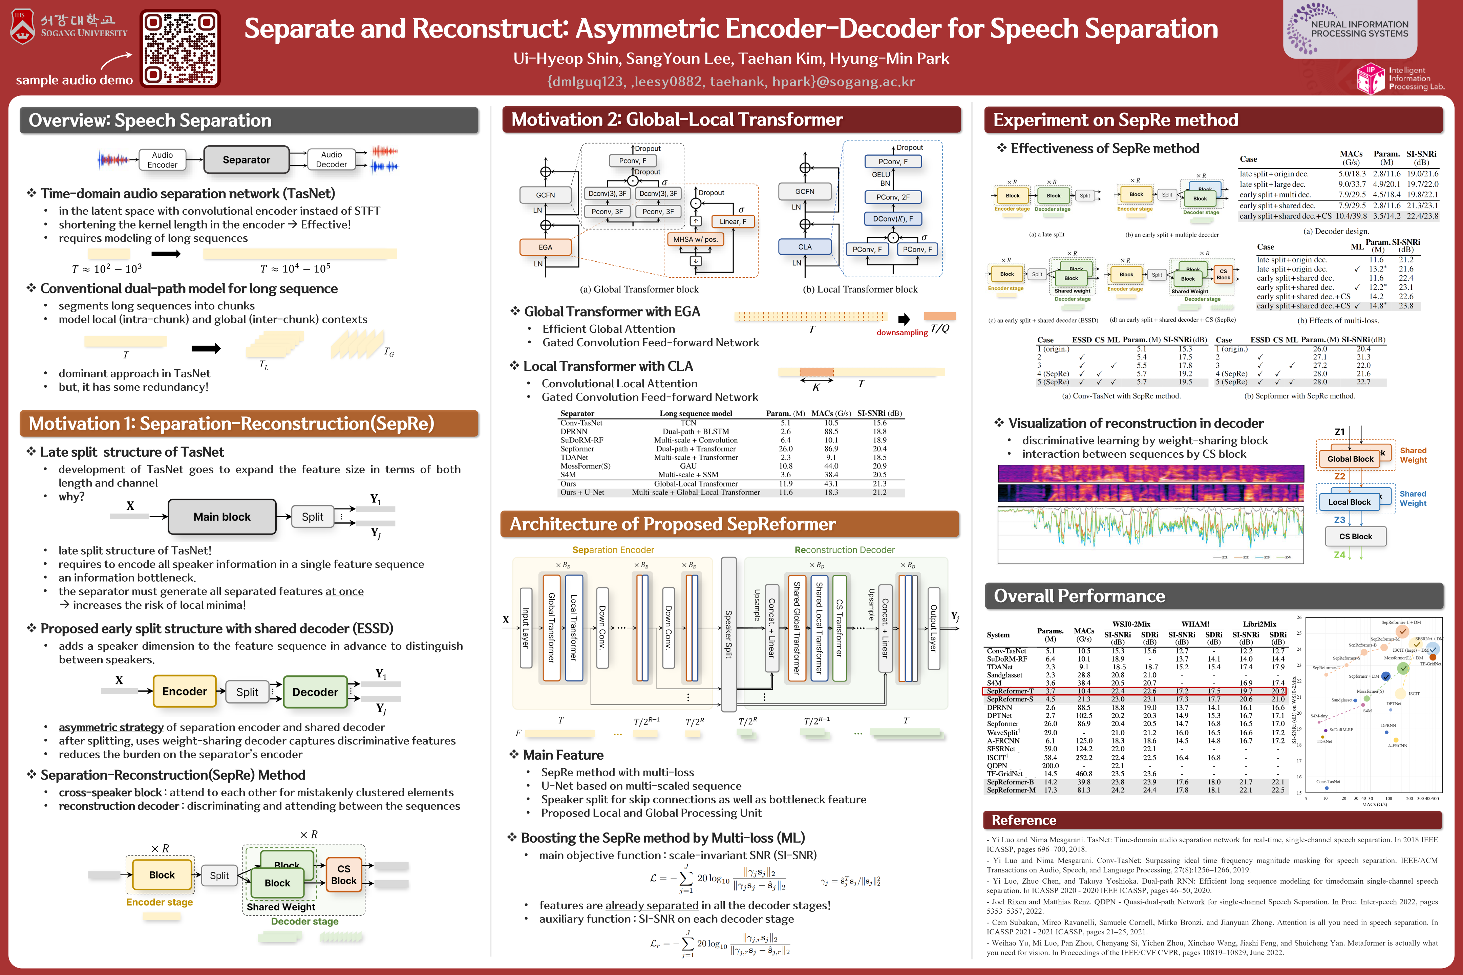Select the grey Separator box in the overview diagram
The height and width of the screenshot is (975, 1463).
[x=246, y=160]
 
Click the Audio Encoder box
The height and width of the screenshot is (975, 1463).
[x=162, y=160]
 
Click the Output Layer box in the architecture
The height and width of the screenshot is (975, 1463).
[x=933, y=628]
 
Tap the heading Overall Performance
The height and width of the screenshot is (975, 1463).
[x=1079, y=596]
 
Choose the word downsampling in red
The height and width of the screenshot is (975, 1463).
[x=901, y=333]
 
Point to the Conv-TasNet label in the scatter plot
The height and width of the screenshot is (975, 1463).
[x=1328, y=782]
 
